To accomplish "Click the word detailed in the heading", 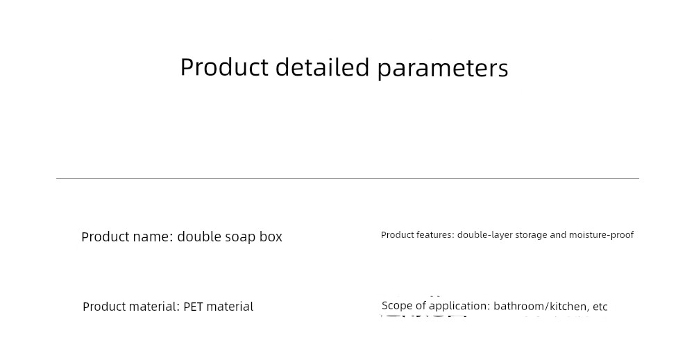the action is (322, 67).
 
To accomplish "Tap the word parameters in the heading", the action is (443, 69).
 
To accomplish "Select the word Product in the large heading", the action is (224, 67).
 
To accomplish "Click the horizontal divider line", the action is (348, 179).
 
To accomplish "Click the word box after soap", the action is (271, 237).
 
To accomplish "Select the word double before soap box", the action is (199, 237).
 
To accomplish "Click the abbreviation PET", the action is (193, 307).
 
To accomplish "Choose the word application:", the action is (459, 306).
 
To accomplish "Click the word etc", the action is (600, 307).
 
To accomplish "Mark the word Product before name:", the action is (105, 237).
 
